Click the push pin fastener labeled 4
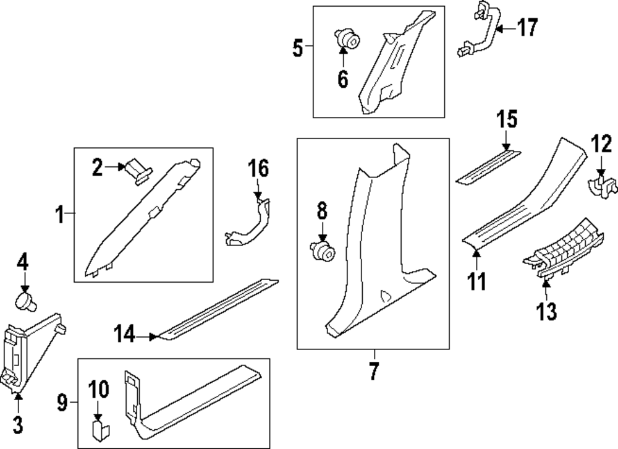click(25, 302)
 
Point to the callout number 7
click(373, 371)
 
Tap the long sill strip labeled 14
click(216, 308)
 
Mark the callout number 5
click(298, 47)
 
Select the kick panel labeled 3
click(34, 349)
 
